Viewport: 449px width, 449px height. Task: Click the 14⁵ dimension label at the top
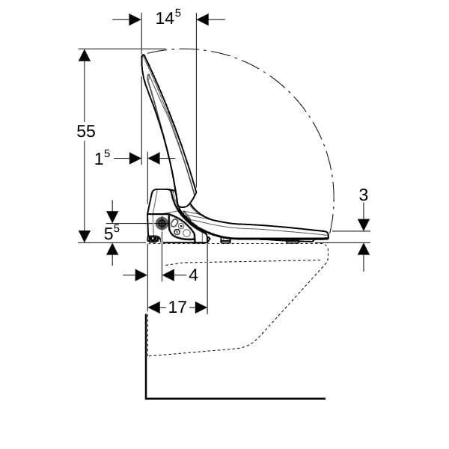(168, 17)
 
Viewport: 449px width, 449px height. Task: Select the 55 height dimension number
(86, 132)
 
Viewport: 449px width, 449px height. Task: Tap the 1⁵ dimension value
(103, 157)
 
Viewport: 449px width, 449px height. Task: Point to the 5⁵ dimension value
(112, 232)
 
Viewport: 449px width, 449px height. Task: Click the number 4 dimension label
(194, 275)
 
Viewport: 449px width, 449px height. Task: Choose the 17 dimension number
(177, 308)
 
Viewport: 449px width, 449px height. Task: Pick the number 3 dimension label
(364, 195)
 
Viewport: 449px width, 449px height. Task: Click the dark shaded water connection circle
(162, 223)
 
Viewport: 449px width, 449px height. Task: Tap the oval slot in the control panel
(174, 222)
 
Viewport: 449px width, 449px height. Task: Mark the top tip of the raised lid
(143, 55)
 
